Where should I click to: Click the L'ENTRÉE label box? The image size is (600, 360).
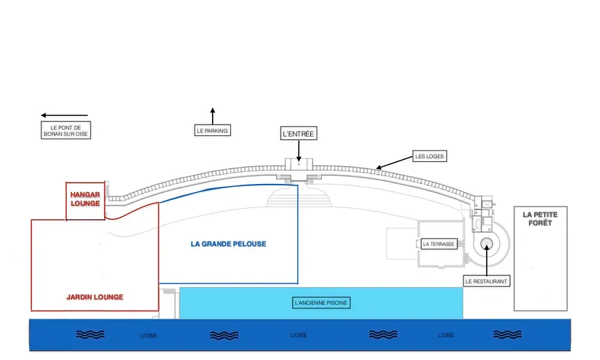pyautogui.click(x=299, y=133)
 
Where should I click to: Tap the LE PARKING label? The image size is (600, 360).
pyautogui.click(x=213, y=131)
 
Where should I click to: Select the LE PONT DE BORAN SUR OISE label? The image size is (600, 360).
pyautogui.click(x=66, y=131)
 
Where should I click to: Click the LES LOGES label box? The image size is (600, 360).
pyautogui.click(x=429, y=156)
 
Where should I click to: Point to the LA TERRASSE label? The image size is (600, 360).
pyautogui.click(x=439, y=244)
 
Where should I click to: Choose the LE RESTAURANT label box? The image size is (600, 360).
pyautogui.click(x=487, y=281)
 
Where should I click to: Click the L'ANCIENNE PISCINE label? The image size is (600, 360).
pyautogui.click(x=321, y=303)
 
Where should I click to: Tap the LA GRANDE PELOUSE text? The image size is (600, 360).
pyautogui.click(x=229, y=244)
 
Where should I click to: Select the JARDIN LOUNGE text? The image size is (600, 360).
pyautogui.click(x=95, y=297)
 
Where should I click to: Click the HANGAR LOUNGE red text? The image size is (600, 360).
pyautogui.click(x=85, y=199)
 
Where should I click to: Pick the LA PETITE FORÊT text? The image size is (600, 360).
pyautogui.click(x=540, y=219)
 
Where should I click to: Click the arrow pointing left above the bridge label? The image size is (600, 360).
pyautogui.click(x=64, y=115)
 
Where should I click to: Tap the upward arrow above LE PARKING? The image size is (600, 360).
pyautogui.click(x=213, y=116)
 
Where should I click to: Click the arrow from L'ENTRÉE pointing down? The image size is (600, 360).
pyautogui.click(x=299, y=151)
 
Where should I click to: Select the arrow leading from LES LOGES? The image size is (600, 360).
pyautogui.click(x=394, y=162)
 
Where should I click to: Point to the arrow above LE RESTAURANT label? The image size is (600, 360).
pyautogui.click(x=487, y=260)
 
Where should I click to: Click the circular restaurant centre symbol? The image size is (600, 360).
pyautogui.click(x=487, y=244)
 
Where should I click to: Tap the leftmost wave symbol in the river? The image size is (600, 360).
pyautogui.click(x=90, y=335)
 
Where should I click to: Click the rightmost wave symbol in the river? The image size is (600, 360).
pyautogui.click(x=507, y=335)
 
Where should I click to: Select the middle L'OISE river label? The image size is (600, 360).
pyautogui.click(x=299, y=335)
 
